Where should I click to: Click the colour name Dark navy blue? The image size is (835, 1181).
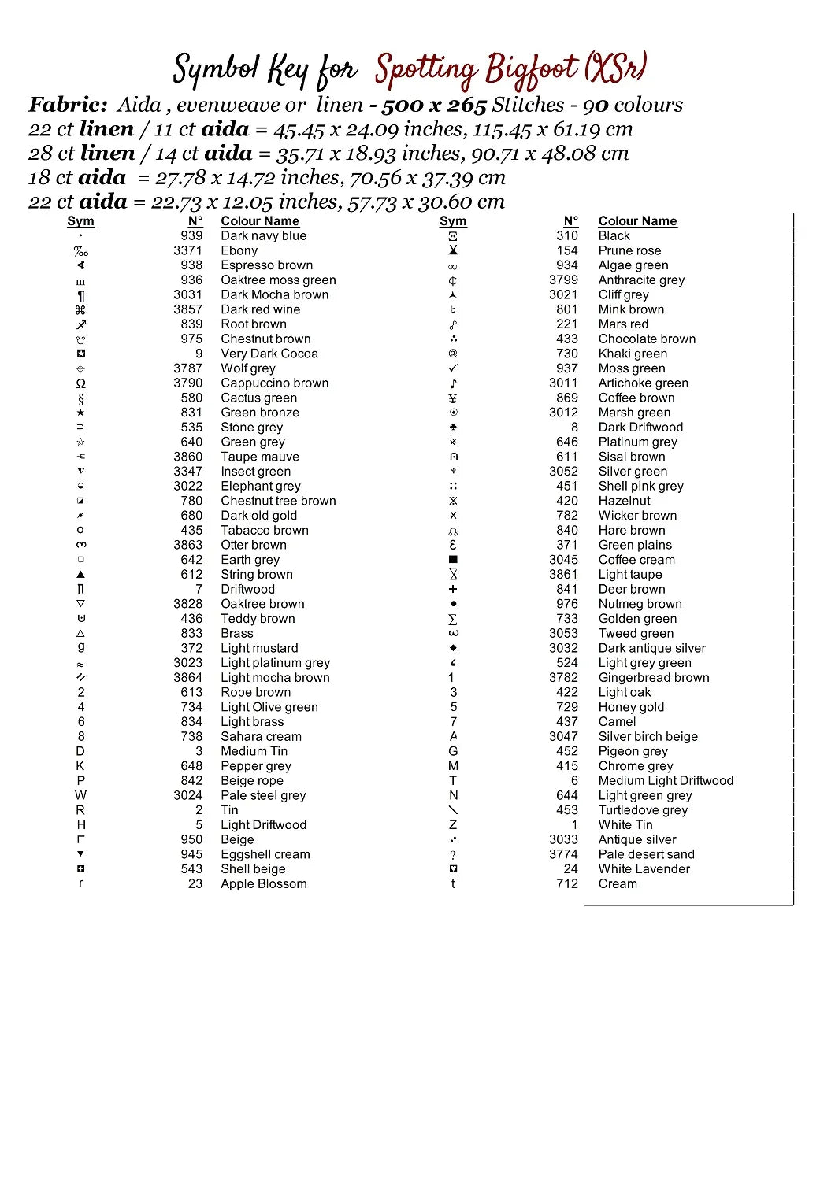coord(263,235)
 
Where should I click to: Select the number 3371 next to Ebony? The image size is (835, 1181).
coord(187,250)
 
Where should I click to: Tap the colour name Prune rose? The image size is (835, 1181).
coord(629,250)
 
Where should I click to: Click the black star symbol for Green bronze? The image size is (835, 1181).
coord(80,413)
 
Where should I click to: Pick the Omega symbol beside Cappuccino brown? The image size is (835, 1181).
coord(80,383)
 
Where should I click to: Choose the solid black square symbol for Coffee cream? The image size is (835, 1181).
coord(453,560)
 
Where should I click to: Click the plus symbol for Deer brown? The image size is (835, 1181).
coord(453,589)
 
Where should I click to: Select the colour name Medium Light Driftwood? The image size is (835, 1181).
coord(666,780)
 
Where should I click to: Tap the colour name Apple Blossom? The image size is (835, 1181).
coord(263,883)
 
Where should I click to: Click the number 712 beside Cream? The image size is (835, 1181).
coord(566,883)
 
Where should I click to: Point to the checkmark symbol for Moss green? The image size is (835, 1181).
coord(453,368)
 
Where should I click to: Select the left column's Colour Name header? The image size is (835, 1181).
coord(259,221)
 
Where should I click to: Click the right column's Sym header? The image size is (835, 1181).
coord(453,221)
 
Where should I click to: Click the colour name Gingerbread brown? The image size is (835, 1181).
coord(654,677)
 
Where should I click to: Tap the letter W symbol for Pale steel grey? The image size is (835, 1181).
coord(80,795)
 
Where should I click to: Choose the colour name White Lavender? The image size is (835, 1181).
coord(644,868)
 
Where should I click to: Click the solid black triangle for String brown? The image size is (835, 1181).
coord(80,575)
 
